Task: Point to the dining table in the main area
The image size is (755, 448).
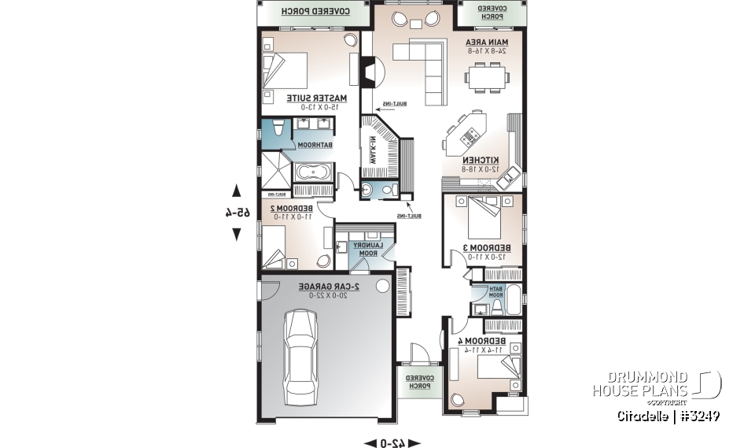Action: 485,78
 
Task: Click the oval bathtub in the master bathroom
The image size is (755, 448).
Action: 315,172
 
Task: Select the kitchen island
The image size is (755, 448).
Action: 466,131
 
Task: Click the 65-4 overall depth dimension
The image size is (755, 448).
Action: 236,212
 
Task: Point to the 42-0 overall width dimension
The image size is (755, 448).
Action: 392,442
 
